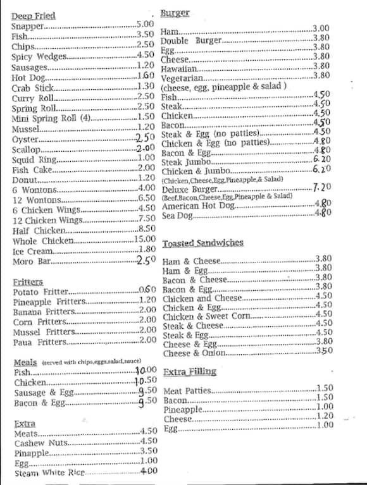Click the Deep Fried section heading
34,15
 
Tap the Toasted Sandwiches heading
202,243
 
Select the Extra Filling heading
189,372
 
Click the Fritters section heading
28,281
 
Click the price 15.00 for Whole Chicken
144,239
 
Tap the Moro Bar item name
31,261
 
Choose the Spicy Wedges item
39,56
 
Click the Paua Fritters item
39,342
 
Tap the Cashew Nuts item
40,443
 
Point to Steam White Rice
49,473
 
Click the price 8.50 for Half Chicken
146,229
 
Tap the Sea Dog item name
177,216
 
